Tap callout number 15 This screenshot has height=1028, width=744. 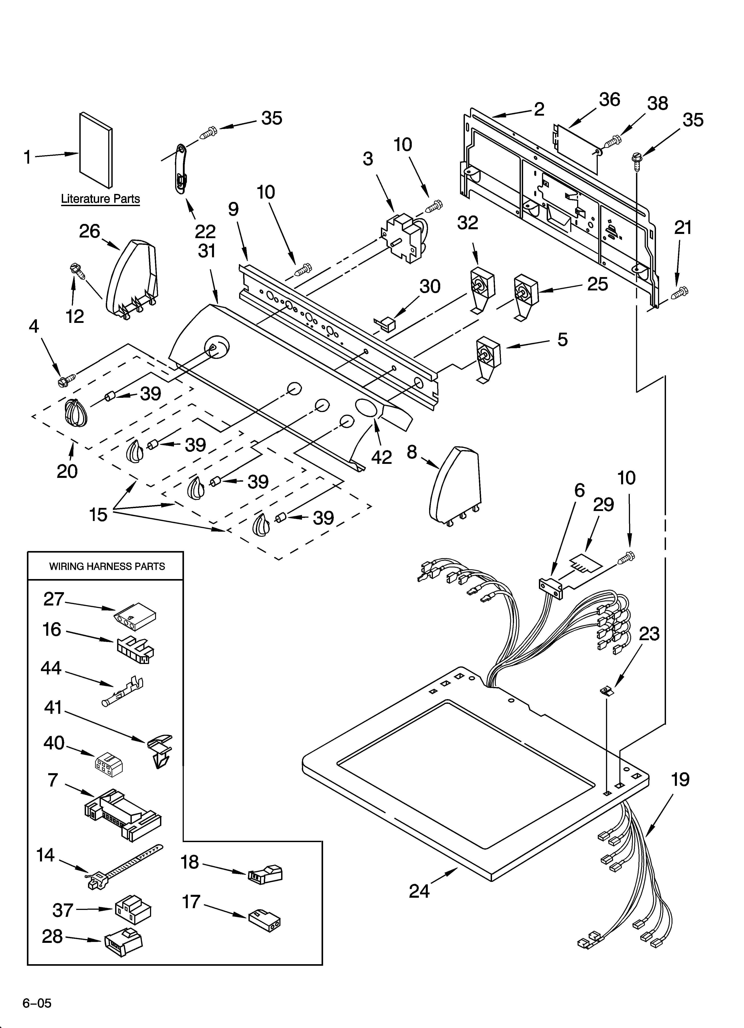(98, 515)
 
